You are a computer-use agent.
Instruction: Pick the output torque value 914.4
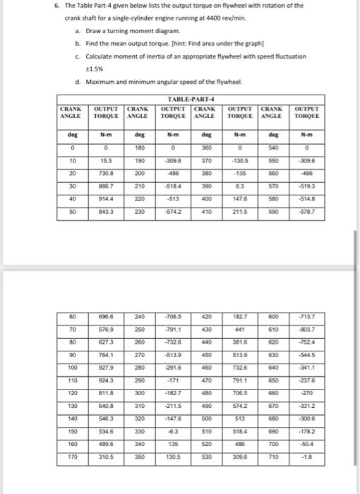click(x=106, y=199)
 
